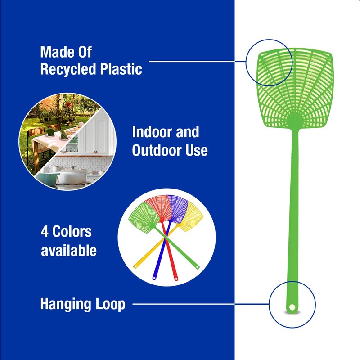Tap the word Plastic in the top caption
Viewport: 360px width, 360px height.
click(x=119, y=69)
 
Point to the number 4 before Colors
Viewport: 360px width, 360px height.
click(x=45, y=232)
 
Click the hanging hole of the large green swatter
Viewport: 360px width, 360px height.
click(x=292, y=307)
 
